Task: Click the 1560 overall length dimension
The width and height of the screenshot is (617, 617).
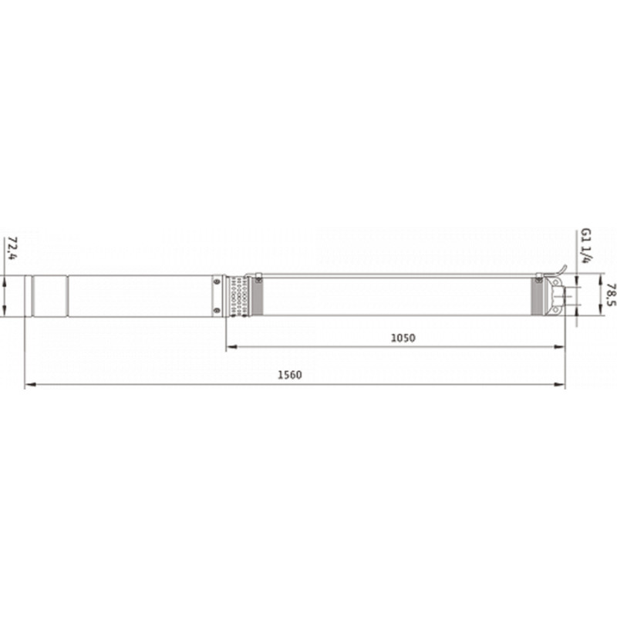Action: point(290,375)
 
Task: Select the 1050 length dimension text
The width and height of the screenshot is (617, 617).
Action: point(403,338)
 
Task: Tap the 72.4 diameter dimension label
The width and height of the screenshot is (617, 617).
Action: point(12,248)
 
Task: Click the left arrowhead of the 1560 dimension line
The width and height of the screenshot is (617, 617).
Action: point(30,384)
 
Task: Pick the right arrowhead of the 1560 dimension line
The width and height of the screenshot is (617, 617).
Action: point(560,384)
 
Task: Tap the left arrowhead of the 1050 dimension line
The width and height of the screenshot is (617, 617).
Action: point(232,346)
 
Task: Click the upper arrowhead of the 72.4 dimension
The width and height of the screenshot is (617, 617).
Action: point(4,282)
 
